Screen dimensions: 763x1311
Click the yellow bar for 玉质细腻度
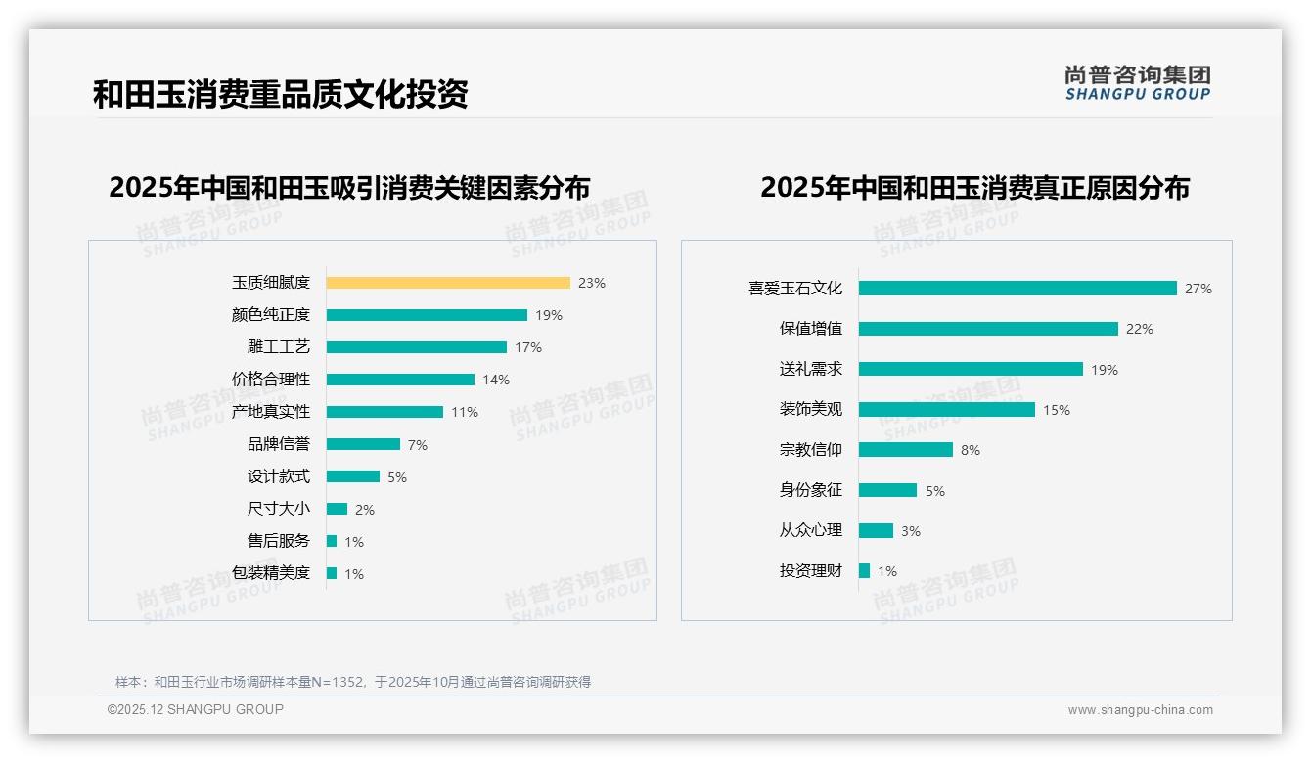448,283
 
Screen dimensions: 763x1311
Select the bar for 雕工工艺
417,347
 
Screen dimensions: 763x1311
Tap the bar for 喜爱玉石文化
1017,289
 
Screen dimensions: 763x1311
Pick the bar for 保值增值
988,329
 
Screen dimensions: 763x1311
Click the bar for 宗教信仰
906,450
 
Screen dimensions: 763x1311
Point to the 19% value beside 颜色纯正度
549,315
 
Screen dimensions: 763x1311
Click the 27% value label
1198,289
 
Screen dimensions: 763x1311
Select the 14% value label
496,380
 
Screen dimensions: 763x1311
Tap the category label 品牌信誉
278,444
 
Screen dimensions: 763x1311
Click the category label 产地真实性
270,412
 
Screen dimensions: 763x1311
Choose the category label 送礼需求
810,369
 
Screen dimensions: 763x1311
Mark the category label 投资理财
810,571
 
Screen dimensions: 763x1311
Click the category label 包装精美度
270,573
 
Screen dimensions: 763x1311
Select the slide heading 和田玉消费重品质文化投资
281,94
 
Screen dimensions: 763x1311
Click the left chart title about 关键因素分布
349,187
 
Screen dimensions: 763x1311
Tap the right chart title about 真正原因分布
974,187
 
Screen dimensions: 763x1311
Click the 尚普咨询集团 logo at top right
1138,83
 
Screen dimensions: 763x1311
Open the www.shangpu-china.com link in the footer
1140,710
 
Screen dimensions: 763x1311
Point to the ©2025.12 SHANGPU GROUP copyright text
196,709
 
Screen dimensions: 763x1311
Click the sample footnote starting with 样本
353,682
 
